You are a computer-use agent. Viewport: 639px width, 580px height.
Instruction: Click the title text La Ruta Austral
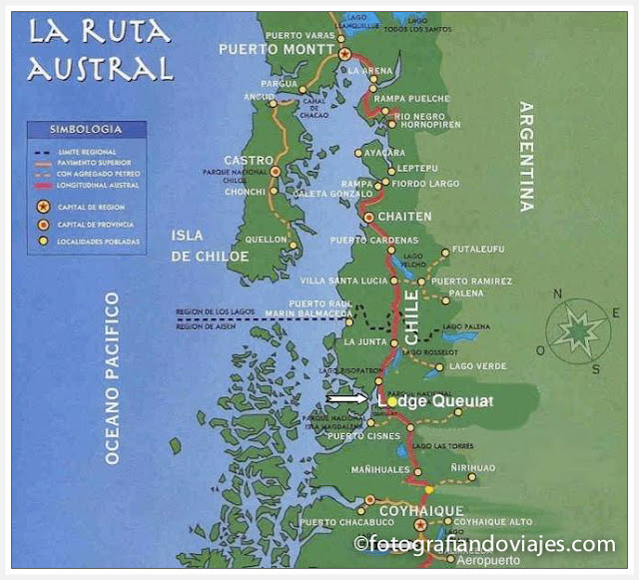(x=100, y=50)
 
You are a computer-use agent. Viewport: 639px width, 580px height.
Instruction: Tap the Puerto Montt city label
(x=277, y=48)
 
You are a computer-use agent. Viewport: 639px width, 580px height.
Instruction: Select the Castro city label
(x=249, y=160)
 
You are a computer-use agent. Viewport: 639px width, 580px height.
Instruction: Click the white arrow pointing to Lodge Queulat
(x=346, y=400)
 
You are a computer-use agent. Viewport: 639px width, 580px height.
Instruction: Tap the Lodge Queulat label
(x=435, y=401)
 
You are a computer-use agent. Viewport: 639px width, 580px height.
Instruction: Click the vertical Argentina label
(x=526, y=156)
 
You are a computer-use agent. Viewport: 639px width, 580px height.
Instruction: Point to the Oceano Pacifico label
(x=113, y=378)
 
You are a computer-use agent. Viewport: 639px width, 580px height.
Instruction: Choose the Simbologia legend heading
(x=87, y=130)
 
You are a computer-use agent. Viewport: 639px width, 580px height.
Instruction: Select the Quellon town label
(x=265, y=239)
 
